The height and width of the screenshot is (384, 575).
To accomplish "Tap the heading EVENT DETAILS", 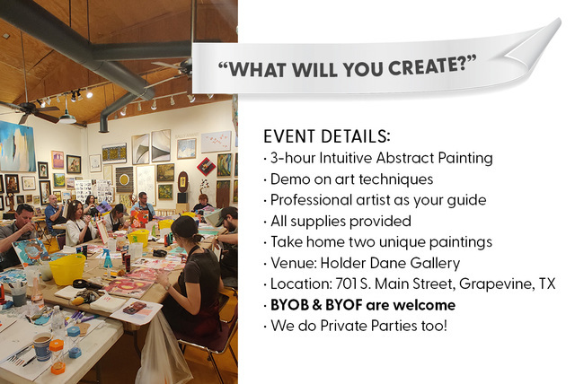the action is tap(327, 136).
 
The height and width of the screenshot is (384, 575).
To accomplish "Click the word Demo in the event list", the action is tap(287, 179).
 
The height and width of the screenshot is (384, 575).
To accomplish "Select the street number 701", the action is tap(346, 284).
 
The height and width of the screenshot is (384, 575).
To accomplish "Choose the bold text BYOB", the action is tap(289, 305).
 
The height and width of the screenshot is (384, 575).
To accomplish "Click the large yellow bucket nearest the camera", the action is tap(67, 269).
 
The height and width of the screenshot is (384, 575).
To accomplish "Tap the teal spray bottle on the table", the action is tap(107, 258).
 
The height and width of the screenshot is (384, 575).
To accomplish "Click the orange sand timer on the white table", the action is tap(57, 357).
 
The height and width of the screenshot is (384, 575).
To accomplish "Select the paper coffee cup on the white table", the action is tap(42, 347).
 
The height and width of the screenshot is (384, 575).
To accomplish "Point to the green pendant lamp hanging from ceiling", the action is tap(67, 118).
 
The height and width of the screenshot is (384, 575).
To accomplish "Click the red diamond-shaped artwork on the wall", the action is tap(206, 167).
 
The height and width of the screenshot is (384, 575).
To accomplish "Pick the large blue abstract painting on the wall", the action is tap(17, 146).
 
